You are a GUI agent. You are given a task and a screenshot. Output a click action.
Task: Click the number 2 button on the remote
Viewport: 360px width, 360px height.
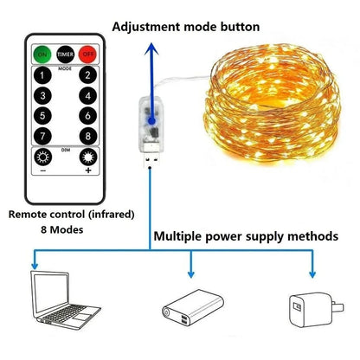tap(87, 75)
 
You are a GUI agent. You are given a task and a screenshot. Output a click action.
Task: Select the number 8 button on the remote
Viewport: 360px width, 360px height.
tap(87, 135)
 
